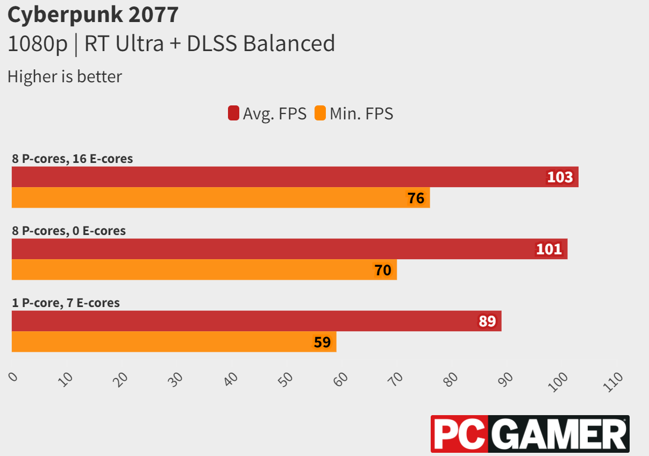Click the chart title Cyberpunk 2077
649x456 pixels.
pyautogui.click(x=92, y=15)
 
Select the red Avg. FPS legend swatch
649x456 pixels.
pyautogui.click(x=233, y=113)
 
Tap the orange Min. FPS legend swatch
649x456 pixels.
pyautogui.click(x=320, y=113)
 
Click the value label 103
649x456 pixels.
pyautogui.click(x=560, y=177)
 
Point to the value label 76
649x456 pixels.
pyautogui.click(x=416, y=198)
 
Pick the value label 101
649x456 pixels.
pyautogui.click(x=549, y=249)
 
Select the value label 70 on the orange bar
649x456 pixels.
pyautogui.click(x=383, y=270)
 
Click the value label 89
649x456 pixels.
pyautogui.click(x=487, y=322)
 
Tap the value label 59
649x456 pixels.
pyautogui.click(x=322, y=342)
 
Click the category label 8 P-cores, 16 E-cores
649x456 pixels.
pyautogui.click(x=72, y=159)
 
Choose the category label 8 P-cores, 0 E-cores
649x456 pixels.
pyautogui.click(x=69, y=231)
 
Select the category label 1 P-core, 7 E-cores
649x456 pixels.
pyautogui.click(x=66, y=303)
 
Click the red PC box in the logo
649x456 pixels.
pyautogui.click(x=460, y=434)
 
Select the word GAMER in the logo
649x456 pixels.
pyautogui.click(x=559, y=434)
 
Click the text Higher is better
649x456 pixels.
pyautogui.click(x=65, y=76)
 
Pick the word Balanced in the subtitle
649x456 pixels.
pyautogui.click(x=289, y=44)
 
